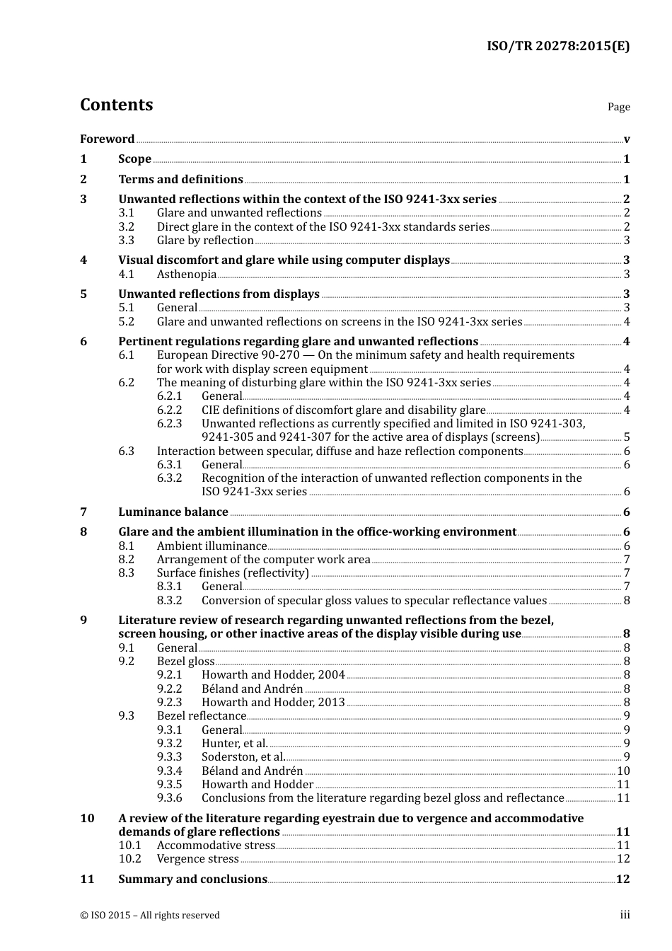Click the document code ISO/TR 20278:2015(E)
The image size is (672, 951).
tap(557, 47)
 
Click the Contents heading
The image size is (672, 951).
tap(116, 105)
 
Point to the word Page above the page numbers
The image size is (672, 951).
tap(618, 107)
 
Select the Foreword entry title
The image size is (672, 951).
tap(107, 139)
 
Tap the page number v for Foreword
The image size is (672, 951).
tap(627, 139)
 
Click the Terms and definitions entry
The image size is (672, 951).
tap(180, 180)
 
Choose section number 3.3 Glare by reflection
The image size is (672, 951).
tap(126, 241)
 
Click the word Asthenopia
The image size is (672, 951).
tap(187, 275)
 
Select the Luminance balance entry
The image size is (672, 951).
tap(173, 512)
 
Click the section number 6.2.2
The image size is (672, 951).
tap(169, 410)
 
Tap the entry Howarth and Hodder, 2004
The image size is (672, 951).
tap(273, 675)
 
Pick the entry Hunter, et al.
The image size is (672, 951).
tap(235, 744)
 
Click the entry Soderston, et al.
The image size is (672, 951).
tap(243, 757)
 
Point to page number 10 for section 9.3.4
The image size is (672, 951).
tap(623, 771)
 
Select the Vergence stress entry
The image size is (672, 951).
tap(198, 859)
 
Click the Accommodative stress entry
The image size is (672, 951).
tap(216, 846)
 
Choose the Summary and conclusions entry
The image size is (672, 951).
tap(192, 880)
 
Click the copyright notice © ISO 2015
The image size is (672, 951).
tap(150, 916)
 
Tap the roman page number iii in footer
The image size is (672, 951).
tap(625, 916)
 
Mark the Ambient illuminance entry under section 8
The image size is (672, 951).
tap(212, 546)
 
